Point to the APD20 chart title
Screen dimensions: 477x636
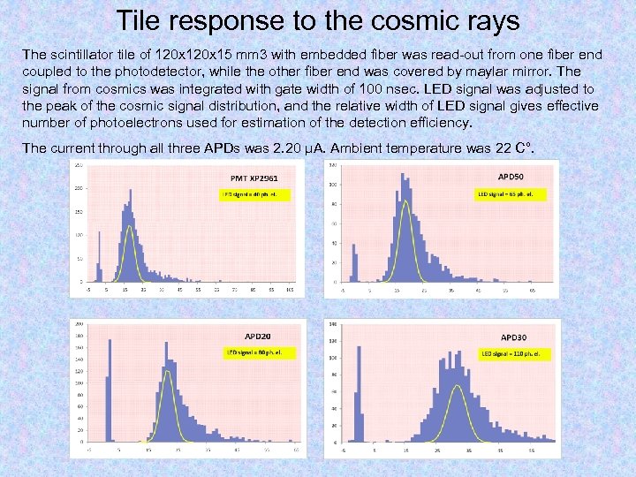(258, 336)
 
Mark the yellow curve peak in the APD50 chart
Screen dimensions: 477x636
(405, 202)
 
